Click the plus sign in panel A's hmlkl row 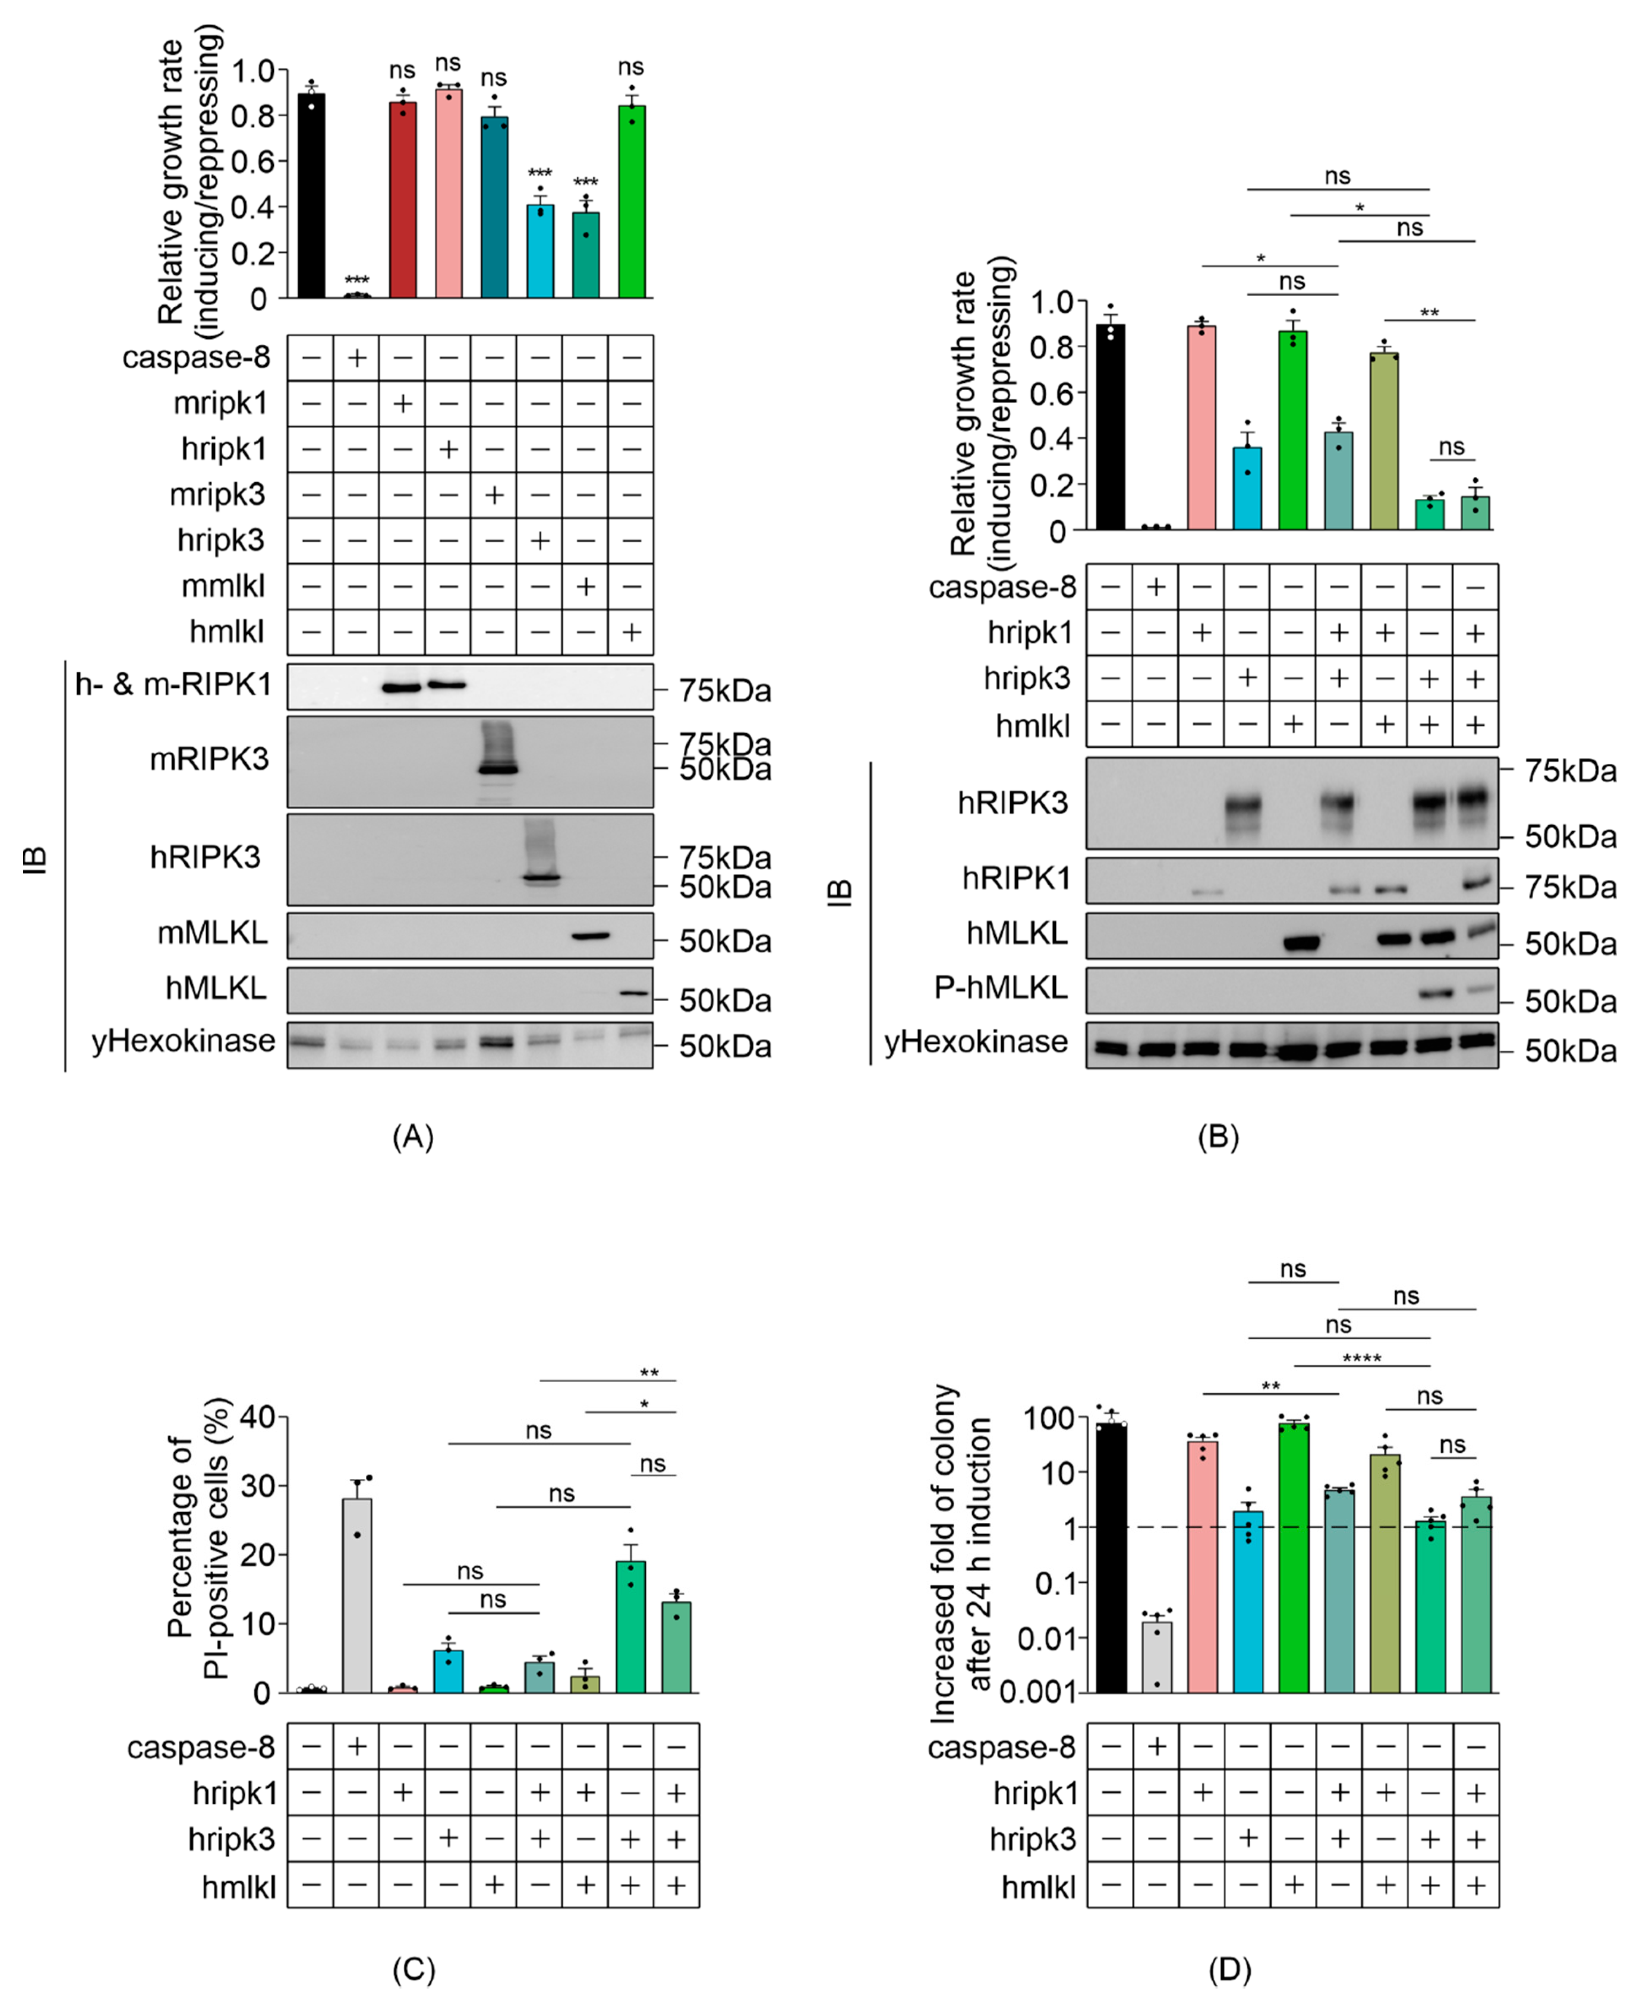pyautogui.click(x=631, y=632)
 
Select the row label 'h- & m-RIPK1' pyautogui.click(x=173, y=684)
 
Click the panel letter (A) pyautogui.click(x=413, y=1137)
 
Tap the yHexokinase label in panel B pyautogui.click(x=976, y=1042)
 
